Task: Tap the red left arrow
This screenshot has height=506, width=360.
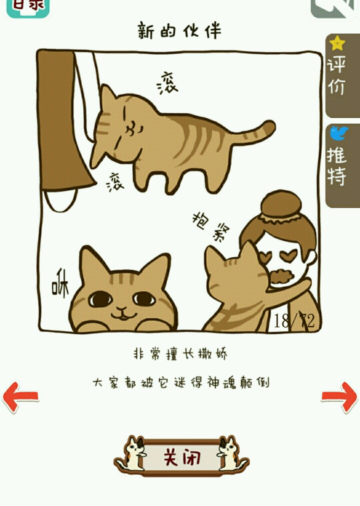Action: [20, 396]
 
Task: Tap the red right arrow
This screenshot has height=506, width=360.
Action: [339, 396]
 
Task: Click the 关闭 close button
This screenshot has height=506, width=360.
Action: [181, 456]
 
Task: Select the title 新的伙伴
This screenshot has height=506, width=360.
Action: [179, 30]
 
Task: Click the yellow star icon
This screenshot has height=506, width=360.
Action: [337, 43]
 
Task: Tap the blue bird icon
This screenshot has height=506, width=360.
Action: [338, 133]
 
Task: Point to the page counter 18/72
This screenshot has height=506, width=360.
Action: [294, 320]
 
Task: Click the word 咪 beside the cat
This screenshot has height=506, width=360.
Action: [60, 285]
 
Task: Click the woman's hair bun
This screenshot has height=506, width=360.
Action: [281, 205]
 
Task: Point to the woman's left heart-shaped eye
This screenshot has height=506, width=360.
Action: [266, 257]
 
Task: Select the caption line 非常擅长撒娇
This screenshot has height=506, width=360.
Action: [180, 354]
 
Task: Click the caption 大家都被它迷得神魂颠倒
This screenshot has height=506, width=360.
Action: [180, 382]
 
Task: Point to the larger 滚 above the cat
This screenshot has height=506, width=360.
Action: [167, 83]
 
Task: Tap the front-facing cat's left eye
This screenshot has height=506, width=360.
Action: [100, 299]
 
